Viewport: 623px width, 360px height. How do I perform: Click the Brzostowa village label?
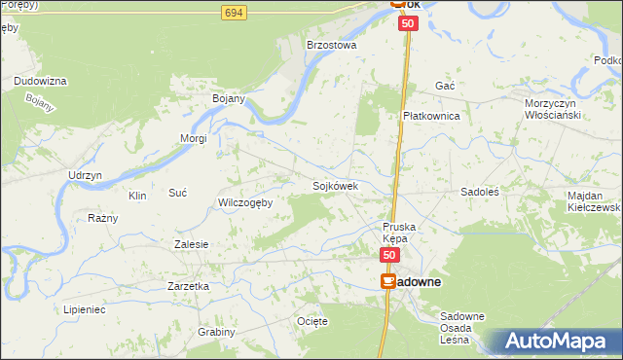coord(332,45)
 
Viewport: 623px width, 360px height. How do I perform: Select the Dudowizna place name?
coord(40,81)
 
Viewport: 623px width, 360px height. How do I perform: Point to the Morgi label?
coord(193,138)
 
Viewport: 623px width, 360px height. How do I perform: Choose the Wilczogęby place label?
coord(245,202)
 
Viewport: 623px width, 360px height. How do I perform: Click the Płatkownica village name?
coord(431,115)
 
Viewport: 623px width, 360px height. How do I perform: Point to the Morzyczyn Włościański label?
coord(552,109)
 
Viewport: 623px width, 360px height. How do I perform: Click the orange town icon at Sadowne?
coord(388,281)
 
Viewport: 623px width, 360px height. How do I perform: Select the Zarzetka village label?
coord(189,287)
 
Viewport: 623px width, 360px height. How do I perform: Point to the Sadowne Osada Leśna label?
coord(462,328)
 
